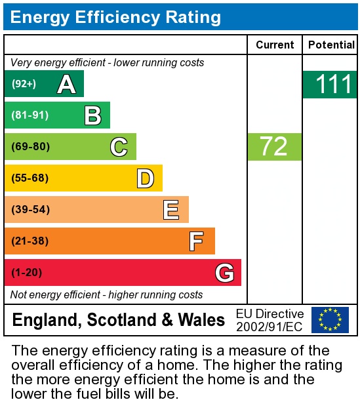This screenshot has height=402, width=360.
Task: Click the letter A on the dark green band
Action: point(66,84)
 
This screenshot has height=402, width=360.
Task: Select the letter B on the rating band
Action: point(92,115)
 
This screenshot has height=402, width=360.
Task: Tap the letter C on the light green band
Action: point(119,147)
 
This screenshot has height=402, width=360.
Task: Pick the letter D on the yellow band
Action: point(145,178)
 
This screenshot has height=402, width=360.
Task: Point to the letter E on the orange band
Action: point(171,210)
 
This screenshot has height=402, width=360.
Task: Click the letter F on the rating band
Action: point(196,241)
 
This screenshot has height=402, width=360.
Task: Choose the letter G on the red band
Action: point(224,273)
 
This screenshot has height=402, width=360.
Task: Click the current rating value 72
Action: point(274,146)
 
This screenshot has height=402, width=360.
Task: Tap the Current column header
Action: point(275,45)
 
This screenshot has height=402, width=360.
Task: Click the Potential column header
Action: point(331,45)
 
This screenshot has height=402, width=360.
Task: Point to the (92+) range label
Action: point(24,84)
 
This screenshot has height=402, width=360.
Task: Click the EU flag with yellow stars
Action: point(330,320)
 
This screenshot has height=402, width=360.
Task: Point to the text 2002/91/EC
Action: point(270,327)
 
